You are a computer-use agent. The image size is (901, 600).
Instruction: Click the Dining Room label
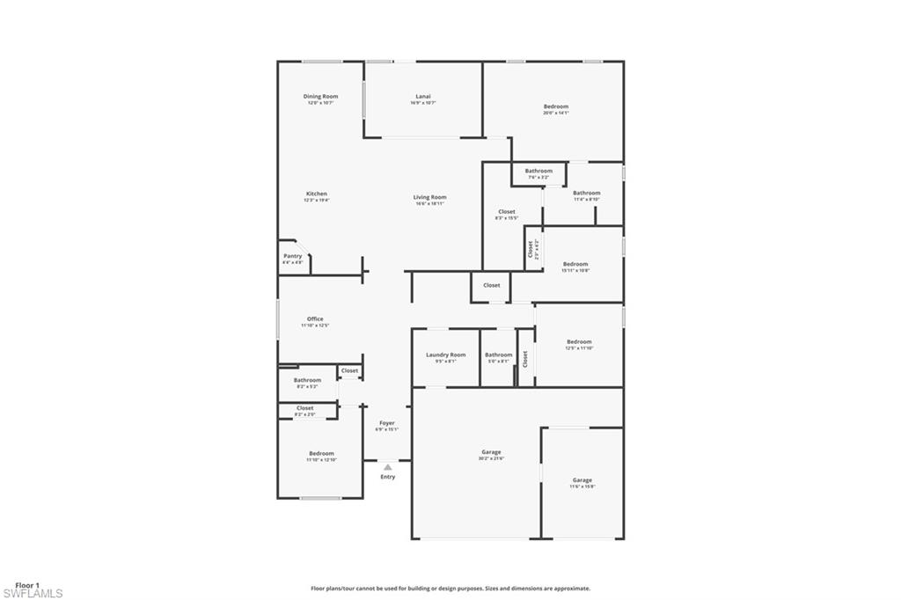coord(320,96)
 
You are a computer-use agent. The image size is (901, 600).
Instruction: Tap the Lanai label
coord(423,96)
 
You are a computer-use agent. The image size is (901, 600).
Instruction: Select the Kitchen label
coord(317,194)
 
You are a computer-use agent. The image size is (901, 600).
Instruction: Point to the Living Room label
coord(430,197)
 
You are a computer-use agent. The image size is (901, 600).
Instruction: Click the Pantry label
coord(292,256)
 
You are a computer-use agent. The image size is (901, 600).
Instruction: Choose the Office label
coord(315,318)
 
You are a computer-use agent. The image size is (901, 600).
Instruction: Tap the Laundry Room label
coord(446,355)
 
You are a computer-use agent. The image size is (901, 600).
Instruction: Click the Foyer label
coord(387,423)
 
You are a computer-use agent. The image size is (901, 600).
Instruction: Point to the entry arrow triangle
coord(387,467)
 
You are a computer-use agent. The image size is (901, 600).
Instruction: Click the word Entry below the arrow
coord(388,477)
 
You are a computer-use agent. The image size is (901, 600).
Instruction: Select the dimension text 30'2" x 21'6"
coord(491,458)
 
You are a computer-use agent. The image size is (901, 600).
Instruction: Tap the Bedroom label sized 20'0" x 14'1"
coord(556,106)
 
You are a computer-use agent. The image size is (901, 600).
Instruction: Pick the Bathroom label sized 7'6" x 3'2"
coord(538,171)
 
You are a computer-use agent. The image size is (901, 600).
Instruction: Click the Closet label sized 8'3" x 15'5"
coord(507,211)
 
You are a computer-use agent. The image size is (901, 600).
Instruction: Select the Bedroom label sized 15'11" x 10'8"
coord(575,264)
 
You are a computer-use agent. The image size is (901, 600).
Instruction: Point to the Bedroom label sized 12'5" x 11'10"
coord(579,341)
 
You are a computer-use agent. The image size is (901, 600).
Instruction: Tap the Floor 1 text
coord(28,585)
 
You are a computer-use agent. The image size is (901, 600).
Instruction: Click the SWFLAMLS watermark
coord(32,594)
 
